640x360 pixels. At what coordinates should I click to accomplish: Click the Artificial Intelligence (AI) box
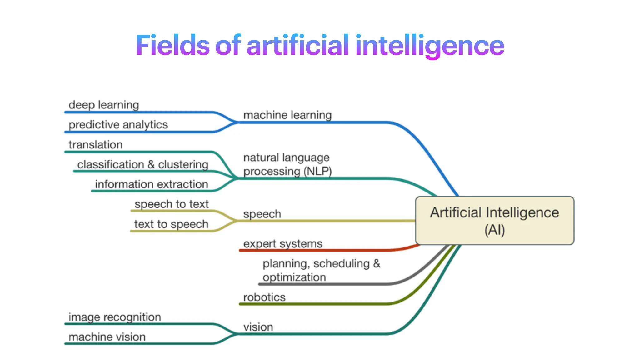[495, 221]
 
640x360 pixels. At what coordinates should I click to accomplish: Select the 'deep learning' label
[104, 105]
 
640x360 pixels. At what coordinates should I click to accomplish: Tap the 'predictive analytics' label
[118, 124]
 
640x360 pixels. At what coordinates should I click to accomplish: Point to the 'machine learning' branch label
[287, 115]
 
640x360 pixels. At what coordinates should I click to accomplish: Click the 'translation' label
[96, 145]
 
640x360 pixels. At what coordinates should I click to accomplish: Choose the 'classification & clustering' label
[143, 164]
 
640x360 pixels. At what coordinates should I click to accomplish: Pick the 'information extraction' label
[152, 184]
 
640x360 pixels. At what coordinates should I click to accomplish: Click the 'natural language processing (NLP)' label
[287, 164]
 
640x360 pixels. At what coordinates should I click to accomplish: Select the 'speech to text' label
[172, 204]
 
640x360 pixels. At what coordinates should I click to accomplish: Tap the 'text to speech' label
[171, 224]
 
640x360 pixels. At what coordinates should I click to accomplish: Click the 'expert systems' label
[283, 244]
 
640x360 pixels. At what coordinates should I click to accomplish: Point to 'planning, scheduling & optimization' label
[321, 270]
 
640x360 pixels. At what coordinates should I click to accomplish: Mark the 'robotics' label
[264, 297]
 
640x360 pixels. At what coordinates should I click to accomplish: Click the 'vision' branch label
[258, 327]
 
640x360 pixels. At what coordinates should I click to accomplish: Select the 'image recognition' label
[115, 317]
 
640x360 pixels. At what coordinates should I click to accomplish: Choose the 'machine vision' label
[107, 337]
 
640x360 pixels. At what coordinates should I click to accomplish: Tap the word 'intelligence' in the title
[430, 45]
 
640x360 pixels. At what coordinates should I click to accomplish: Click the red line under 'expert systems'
[312, 250]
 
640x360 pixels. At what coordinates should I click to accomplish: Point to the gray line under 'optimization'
[325, 284]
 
